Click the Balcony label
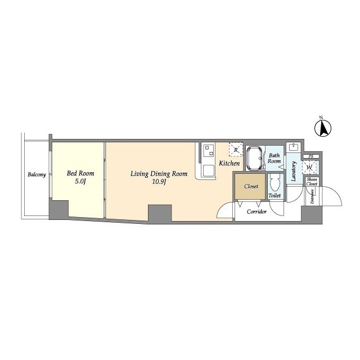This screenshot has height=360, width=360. [x=37, y=175]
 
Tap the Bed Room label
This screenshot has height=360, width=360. [x=80, y=173]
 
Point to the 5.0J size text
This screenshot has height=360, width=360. [x=80, y=182]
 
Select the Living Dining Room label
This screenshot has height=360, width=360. [x=159, y=174]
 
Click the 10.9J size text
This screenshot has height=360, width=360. [x=159, y=182]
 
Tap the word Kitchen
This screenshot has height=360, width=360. [x=229, y=163]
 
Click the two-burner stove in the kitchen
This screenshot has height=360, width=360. [x=209, y=151]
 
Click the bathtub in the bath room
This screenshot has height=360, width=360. [x=255, y=159]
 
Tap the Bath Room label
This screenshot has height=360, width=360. [x=274, y=159]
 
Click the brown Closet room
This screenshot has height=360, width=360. [x=251, y=186]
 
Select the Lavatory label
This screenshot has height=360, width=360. [x=294, y=171]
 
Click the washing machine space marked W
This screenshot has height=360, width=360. [x=310, y=168]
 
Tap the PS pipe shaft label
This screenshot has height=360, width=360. [x=311, y=156]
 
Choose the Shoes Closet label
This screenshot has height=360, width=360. [x=312, y=182]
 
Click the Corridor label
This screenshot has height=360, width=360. [x=256, y=211]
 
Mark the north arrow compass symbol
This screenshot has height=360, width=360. [x=322, y=128]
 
